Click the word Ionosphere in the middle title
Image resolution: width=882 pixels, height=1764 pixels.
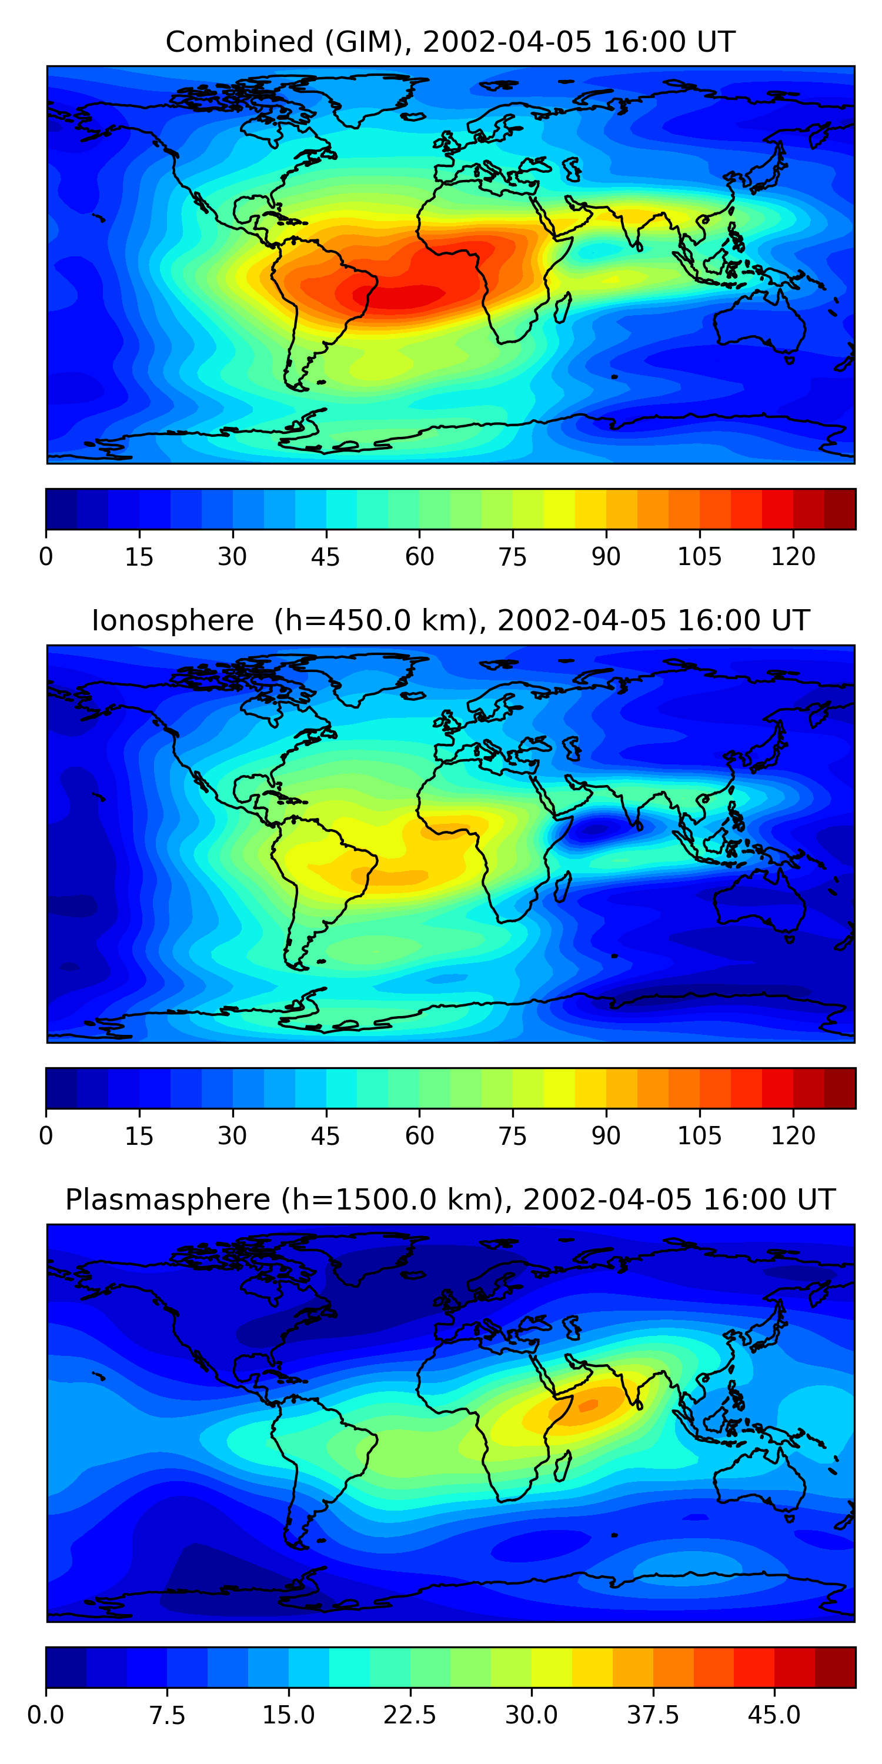click(x=172, y=620)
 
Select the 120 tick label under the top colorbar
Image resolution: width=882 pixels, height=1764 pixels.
click(x=793, y=557)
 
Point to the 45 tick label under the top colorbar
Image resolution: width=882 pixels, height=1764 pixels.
click(x=325, y=557)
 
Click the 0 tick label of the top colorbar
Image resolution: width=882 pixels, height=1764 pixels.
click(x=46, y=557)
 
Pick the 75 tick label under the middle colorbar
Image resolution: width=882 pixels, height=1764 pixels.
click(x=512, y=1136)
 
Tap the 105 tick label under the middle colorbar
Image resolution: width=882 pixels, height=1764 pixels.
click(x=699, y=1136)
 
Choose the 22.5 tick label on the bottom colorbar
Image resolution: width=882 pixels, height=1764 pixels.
click(x=409, y=1715)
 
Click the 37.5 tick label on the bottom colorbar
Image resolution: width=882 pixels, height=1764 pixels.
click(x=653, y=1715)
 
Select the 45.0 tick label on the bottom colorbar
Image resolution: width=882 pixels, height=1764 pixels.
click(x=774, y=1715)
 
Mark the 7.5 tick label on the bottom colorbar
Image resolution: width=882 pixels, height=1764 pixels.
click(x=167, y=1715)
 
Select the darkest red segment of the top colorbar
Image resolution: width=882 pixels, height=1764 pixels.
click(x=840, y=509)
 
